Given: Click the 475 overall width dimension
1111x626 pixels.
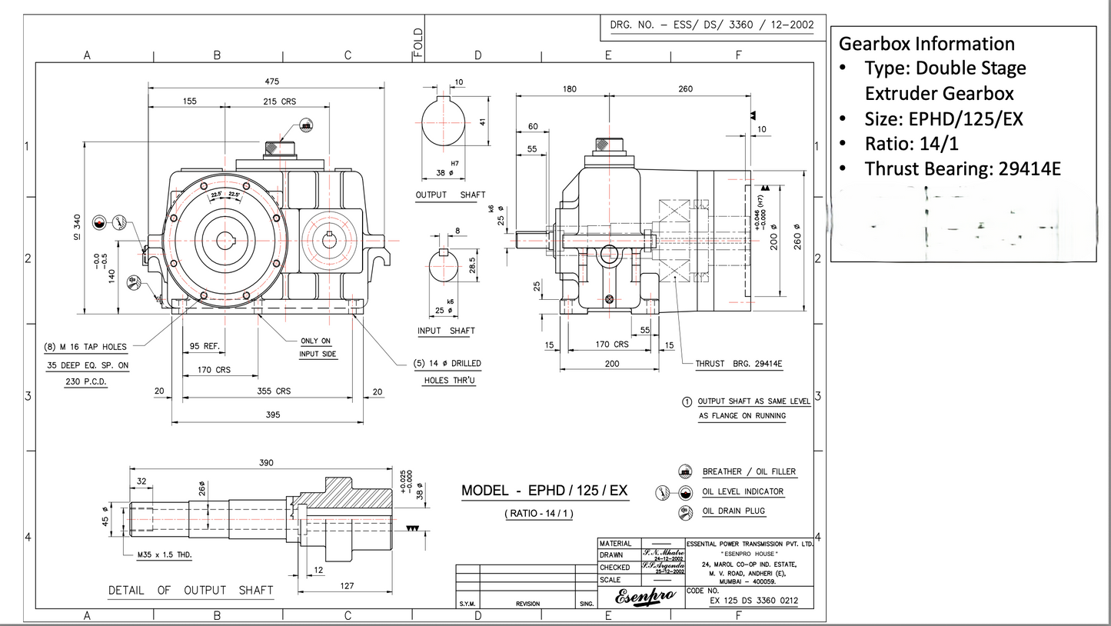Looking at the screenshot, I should tap(271, 82).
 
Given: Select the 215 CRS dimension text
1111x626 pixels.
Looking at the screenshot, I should tap(279, 102).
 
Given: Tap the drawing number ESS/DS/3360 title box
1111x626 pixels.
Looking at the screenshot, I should tap(711, 25).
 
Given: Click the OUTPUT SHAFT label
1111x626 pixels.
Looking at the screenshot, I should tap(451, 195).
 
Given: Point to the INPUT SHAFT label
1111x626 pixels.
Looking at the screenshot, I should tap(446, 331).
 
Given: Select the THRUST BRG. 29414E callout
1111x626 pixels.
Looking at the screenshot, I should tap(739, 364).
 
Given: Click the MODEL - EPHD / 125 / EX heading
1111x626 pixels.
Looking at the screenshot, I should tap(544, 491).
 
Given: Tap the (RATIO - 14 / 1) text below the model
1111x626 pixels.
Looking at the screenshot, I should tap(539, 514).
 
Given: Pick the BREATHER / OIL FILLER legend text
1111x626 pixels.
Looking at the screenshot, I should tap(749, 471).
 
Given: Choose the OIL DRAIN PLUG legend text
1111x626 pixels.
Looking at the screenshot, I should tap(733, 511).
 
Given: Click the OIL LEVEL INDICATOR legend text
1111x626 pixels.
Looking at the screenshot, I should tap(743, 491).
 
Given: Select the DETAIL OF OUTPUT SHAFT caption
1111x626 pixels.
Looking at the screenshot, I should tap(191, 591).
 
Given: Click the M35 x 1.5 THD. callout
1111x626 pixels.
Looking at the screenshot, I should tap(165, 554).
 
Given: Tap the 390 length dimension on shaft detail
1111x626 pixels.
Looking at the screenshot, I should tap(265, 463).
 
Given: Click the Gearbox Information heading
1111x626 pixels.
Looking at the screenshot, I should tap(926, 44).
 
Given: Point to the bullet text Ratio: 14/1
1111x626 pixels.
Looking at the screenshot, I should tap(911, 143).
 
